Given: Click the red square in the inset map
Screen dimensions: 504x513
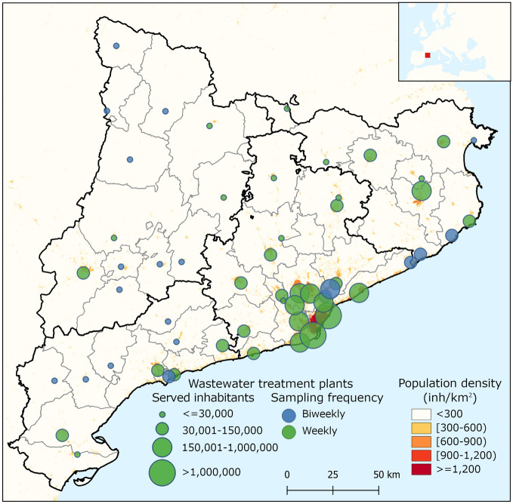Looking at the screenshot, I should (427, 54).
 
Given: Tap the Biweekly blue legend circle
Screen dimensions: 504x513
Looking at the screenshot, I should (288, 414).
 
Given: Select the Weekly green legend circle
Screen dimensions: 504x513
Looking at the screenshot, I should (288, 432).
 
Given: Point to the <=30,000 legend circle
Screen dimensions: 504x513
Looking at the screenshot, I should (162, 414).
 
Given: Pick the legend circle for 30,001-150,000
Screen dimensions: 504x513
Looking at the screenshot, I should (162, 429).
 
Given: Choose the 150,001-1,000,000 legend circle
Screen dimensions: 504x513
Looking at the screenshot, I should (162, 447).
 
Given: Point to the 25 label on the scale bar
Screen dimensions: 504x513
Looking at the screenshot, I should (332, 475).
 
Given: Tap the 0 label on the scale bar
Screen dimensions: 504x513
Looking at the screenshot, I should (287, 475).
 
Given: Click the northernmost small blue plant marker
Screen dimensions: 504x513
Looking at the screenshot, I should (116, 46).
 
